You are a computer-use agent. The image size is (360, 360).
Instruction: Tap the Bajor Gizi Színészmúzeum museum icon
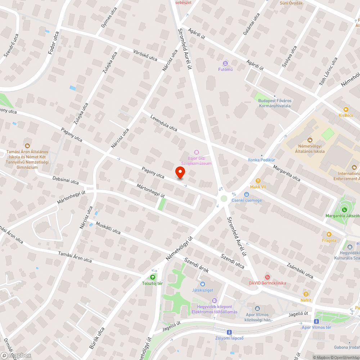[196, 152]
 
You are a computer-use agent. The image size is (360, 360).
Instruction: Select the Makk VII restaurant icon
[258, 180]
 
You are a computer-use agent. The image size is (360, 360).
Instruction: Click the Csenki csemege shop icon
[247, 194]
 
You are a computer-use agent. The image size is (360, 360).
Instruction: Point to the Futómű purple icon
[226, 63]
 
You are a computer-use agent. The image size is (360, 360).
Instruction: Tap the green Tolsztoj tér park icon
[153, 277]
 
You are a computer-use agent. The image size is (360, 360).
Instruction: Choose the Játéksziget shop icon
[202, 284]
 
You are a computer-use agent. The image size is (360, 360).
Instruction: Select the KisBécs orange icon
[346, 109]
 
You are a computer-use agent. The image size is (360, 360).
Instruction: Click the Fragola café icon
[329, 234]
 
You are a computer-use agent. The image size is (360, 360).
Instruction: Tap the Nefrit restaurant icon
[306, 294]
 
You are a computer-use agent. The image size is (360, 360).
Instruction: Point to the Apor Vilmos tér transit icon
[317, 321]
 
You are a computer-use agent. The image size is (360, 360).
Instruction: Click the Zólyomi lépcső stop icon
[229, 332]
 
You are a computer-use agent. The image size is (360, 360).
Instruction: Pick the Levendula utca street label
[164, 123]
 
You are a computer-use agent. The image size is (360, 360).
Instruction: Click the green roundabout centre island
[224, 198]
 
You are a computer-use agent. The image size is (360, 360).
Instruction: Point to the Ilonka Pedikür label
[262, 159]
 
